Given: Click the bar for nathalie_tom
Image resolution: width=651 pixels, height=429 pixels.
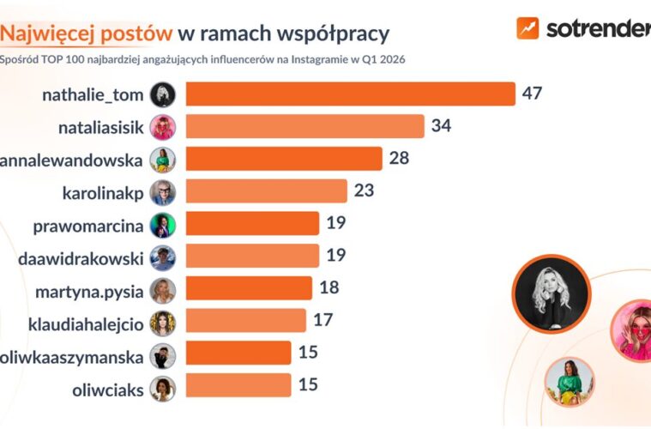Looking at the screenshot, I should (x=350, y=94).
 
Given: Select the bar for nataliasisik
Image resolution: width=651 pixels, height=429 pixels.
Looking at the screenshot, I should (x=304, y=127).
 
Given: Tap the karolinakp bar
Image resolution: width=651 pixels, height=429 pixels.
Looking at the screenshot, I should (x=266, y=190).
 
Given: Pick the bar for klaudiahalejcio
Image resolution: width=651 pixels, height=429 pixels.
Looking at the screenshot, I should (x=245, y=321).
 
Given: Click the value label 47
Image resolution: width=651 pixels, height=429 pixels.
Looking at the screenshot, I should (x=533, y=94).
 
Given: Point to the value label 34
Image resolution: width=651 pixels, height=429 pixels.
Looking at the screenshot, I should (x=442, y=127).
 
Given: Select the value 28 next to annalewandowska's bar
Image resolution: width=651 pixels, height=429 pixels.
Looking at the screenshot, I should (x=399, y=159).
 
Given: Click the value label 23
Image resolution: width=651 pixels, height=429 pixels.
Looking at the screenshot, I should (x=364, y=190).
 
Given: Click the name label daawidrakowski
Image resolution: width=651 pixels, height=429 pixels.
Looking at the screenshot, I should (x=81, y=257).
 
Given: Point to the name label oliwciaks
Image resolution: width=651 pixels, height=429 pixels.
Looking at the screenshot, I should (x=106, y=388).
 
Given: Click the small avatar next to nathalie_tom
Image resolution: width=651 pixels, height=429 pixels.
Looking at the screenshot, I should (x=163, y=94).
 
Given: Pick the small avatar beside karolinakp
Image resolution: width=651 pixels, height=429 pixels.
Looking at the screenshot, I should (x=163, y=191).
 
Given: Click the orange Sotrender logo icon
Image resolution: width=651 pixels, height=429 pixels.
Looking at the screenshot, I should (x=527, y=28).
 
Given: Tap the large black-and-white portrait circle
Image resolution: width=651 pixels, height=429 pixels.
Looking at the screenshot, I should (x=552, y=294).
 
